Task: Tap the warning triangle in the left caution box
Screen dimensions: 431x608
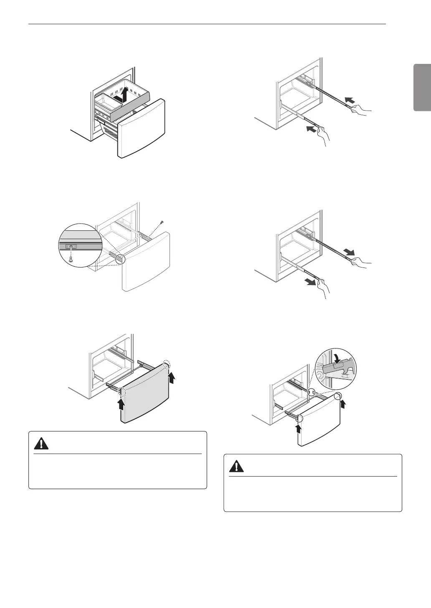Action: tap(41, 444)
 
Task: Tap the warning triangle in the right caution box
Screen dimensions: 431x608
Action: tap(236, 466)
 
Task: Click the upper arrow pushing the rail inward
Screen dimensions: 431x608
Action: tap(350, 100)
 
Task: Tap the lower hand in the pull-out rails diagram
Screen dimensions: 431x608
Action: tap(322, 288)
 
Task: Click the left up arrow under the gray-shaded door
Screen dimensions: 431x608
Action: tap(121, 404)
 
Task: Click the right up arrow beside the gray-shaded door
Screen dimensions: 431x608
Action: tap(171, 378)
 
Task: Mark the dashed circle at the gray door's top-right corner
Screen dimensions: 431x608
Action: tap(167, 363)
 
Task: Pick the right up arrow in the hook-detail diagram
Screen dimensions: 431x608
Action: tap(343, 404)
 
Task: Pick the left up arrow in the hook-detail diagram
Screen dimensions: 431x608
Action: tap(299, 429)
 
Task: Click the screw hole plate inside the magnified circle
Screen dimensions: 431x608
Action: tap(71, 247)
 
